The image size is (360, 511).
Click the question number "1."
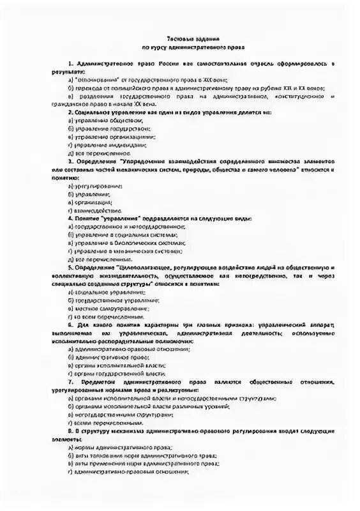70,65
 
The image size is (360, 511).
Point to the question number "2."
70,112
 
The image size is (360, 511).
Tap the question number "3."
71,162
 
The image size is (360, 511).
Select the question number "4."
70,218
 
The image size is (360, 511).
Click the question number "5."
70,266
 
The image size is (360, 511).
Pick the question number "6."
71,325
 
